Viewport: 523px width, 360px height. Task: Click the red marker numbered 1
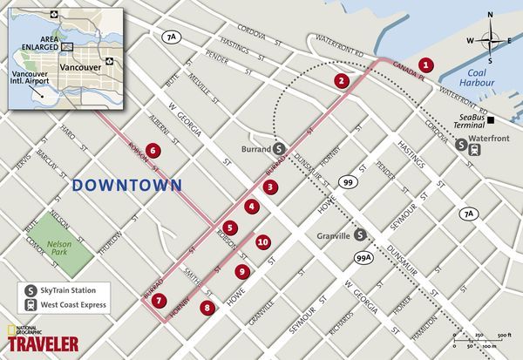pos(425,64)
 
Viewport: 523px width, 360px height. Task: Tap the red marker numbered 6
pos(153,150)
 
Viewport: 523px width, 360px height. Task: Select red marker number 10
pos(262,243)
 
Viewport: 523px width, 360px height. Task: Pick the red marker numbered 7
pos(159,301)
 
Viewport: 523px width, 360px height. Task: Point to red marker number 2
pos(342,80)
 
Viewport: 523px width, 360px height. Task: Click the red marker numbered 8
pos(207,307)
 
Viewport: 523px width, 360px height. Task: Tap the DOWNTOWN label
pos(127,185)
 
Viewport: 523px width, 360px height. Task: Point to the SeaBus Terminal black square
pos(491,119)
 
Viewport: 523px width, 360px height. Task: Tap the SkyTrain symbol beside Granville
pos(358,234)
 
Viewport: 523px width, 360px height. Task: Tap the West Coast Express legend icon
pos(30,306)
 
